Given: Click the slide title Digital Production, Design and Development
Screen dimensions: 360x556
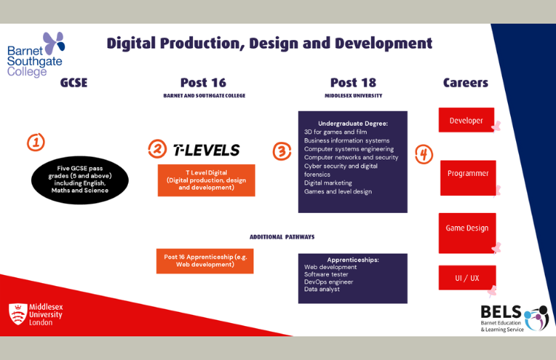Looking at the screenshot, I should pyautogui.click(x=269, y=43).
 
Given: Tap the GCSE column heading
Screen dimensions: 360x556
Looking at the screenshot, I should pyautogui.click(x=74, y=82).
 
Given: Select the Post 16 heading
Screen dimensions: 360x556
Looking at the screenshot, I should pyautogui.click(x=203, y=82).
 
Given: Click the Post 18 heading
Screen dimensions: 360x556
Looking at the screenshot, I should pyautogui.click(x=353, y=82).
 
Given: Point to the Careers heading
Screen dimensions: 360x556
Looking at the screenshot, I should pyautogui.click(x=465, y=82).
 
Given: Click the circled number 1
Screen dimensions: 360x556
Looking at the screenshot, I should pyautogui.click(x=36, y=142).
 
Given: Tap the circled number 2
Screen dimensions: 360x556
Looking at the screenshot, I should pyautogui.click(x=157, y=149).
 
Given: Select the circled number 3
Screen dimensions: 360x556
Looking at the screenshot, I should pyautogui.click(x=282, y=151).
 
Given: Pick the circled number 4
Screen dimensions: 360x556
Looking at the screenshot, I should pyautogui.click(x=424, y=154).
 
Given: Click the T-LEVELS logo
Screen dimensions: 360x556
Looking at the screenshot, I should pyautogui.click(x=206, y=150).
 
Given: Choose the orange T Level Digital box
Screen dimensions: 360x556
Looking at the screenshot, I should pyautogui.click(x=206, y=180).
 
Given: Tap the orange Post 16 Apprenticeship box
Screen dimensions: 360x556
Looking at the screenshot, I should pyautogui.click(x=205, y=260).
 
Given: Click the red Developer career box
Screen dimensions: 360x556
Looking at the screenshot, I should pyautogui.click(x=466, y=120).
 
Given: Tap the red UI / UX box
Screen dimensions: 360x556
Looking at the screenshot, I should pyautogui.click(x=467, y=278).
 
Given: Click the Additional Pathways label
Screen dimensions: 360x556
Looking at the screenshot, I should pyautogui.click(x=282, y=237).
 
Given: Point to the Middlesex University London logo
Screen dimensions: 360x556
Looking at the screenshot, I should pyautogui.click(x=35, y=314).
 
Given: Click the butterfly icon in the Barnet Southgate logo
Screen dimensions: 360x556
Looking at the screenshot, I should pyautogui.click(x=53, y=42).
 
